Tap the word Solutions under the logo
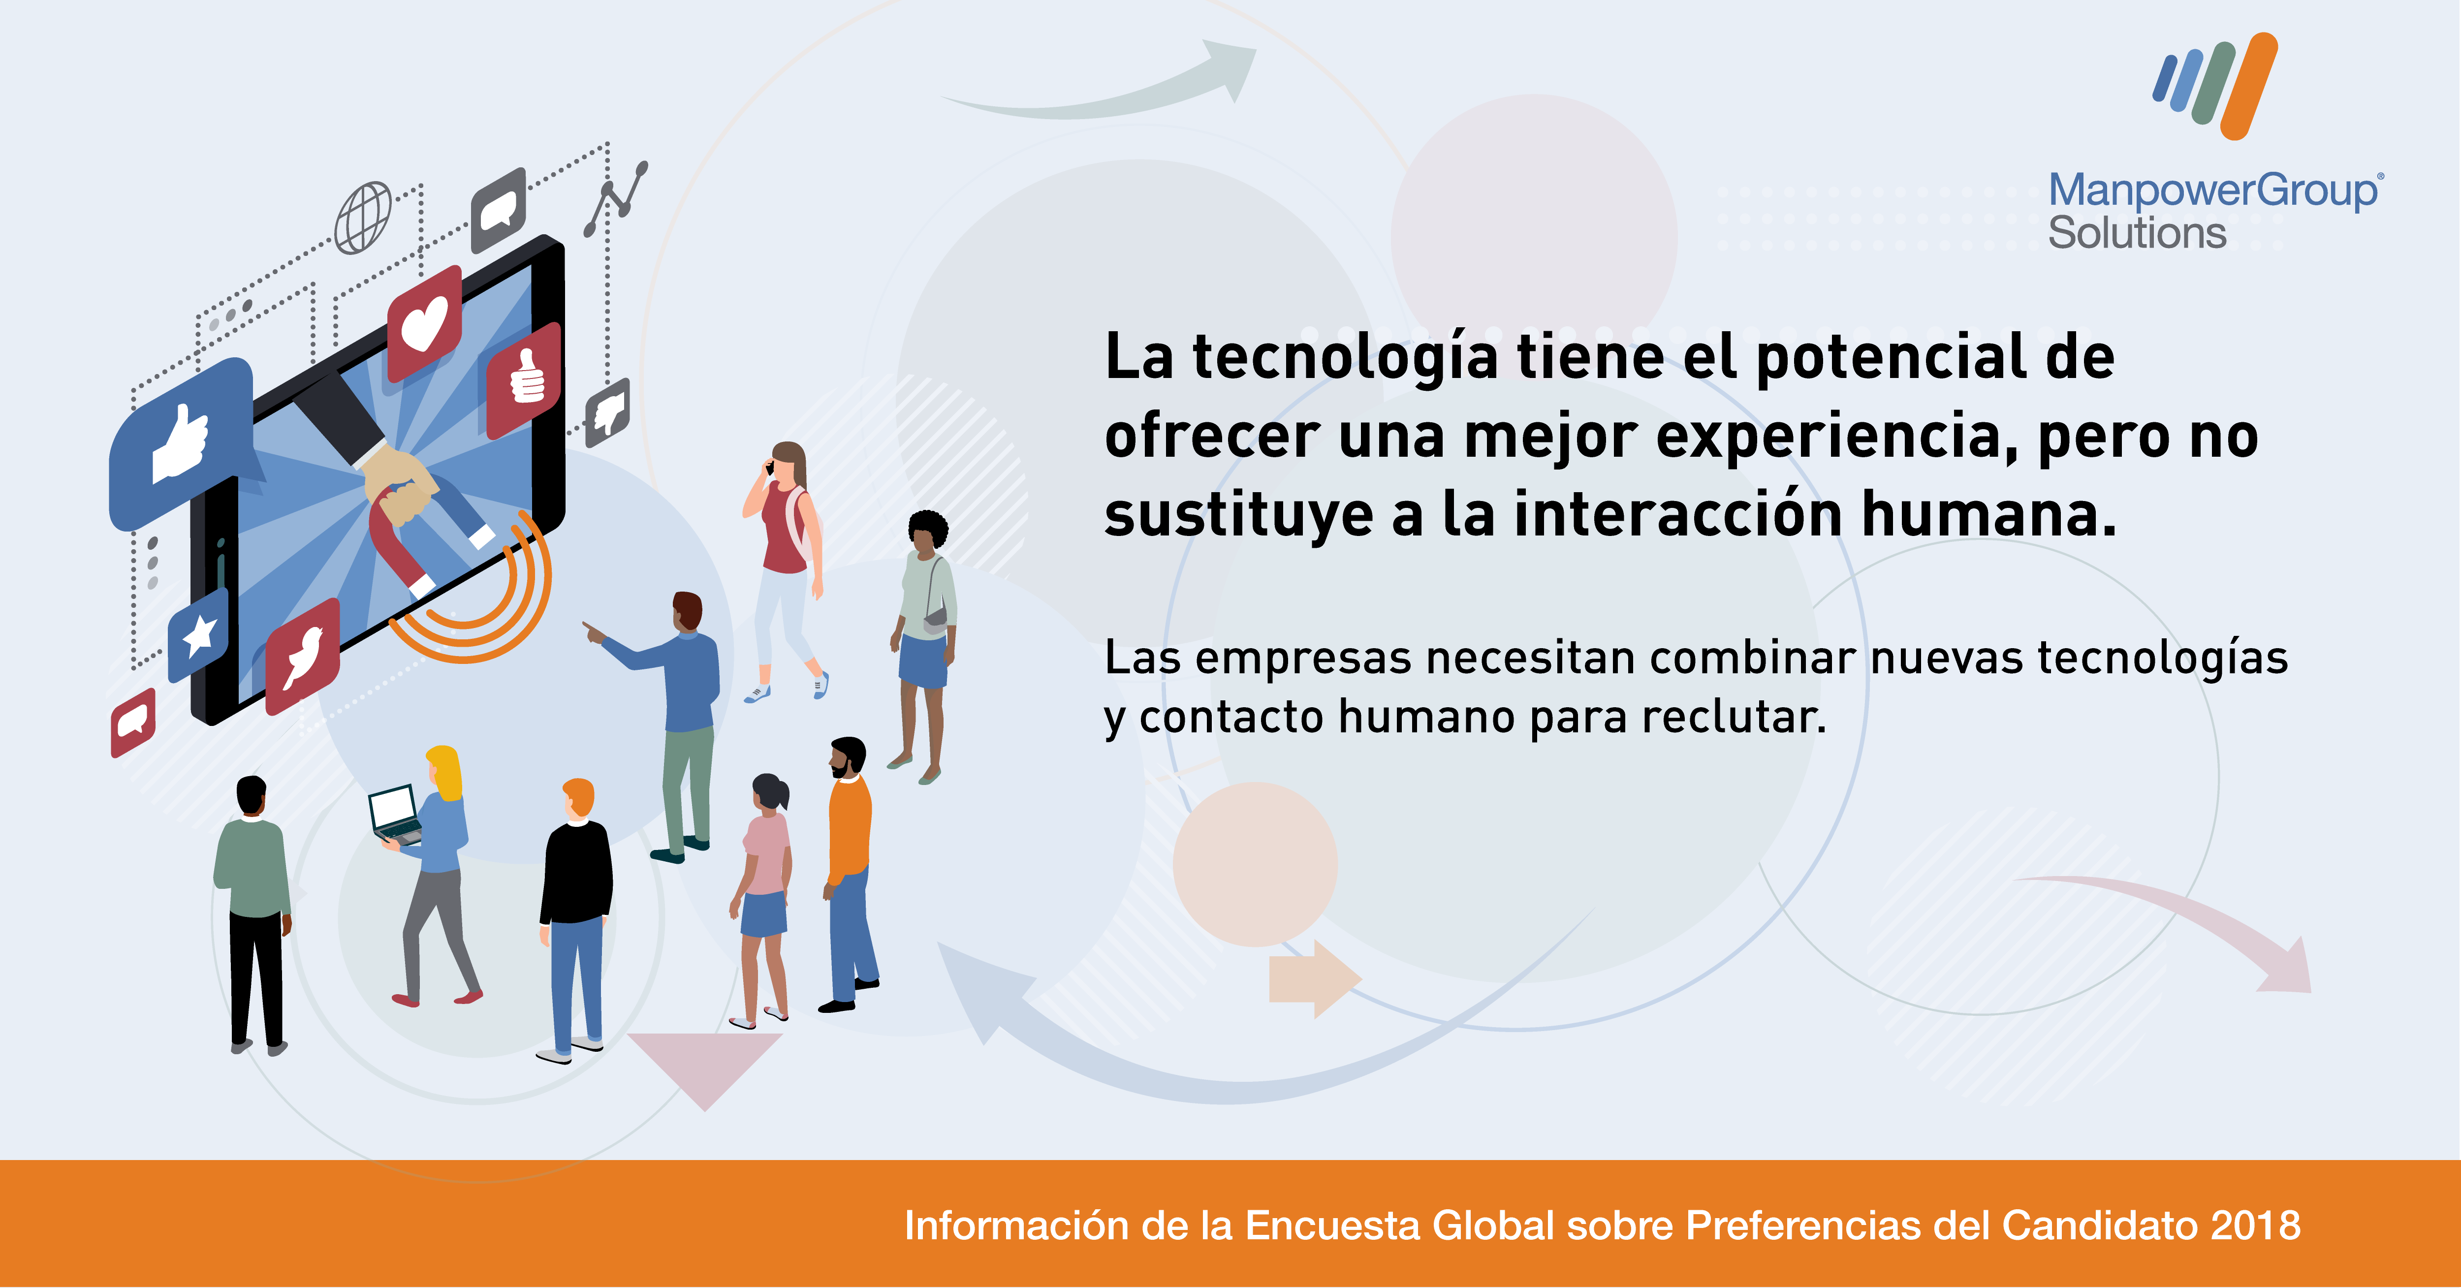pos(2137,233)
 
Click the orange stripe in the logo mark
pos(2250,86)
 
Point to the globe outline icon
pos(363,218)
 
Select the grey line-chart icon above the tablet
pos(616,199)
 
